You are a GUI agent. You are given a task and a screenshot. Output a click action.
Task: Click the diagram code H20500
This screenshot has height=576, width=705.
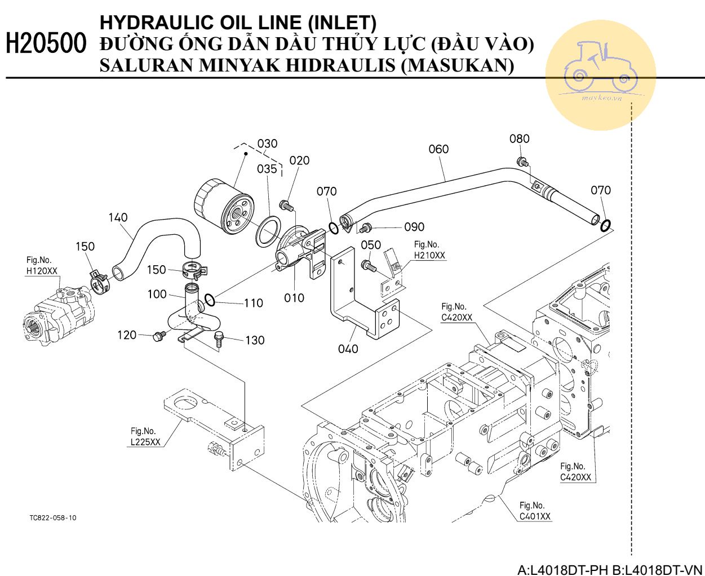coord(47,44)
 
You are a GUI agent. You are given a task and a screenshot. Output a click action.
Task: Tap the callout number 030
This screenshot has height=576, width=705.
coord(268,144)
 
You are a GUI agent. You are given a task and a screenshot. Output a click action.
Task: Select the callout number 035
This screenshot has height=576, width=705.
coord(267,169)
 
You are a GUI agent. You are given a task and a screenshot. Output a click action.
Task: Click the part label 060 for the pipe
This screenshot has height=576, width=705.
coord(438,149)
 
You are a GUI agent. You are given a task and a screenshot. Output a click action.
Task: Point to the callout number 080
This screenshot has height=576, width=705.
coord(519,139)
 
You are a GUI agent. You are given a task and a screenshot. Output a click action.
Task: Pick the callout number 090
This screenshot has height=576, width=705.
coord(414,227)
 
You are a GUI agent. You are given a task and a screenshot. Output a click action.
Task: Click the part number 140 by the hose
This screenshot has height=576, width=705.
coord(118,217)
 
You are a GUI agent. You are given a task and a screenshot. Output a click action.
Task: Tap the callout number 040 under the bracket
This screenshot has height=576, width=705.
coord(348,349)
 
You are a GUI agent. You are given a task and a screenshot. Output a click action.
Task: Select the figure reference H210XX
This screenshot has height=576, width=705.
coord(429,256)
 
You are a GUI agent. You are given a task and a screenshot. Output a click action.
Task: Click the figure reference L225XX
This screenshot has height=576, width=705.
coord(145,442)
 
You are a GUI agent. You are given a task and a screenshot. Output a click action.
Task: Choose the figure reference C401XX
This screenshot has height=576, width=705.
coord(535,516)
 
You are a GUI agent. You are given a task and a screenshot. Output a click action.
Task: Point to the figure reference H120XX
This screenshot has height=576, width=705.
coord(42,271)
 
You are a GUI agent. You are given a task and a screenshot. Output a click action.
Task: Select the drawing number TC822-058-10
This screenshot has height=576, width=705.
coord(53,517)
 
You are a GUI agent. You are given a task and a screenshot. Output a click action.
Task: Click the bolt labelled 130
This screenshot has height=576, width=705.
coord(219,339)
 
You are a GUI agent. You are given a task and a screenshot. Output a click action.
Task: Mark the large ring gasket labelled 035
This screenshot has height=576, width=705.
coord(268,231)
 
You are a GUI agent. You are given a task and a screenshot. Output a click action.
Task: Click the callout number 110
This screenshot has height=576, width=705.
coord(253,303)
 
